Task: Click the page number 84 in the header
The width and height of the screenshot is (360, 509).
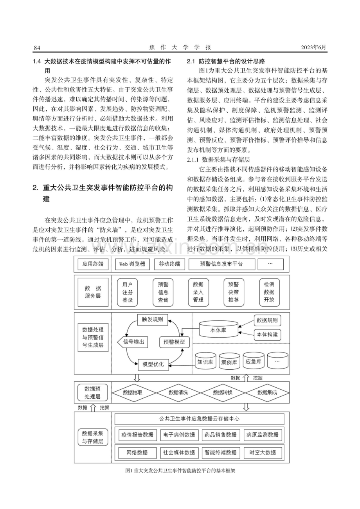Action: (x=37, y=48)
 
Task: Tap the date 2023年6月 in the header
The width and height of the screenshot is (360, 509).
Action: (x=314, y=47)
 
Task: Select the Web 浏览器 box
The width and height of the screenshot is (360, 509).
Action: (x=132, y=264)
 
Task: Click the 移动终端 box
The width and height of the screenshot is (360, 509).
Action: (x=169, y=264)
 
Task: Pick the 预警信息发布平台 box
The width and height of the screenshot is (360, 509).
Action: (x=221, y=264)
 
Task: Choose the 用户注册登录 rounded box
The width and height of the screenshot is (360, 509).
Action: (x=128, y=292)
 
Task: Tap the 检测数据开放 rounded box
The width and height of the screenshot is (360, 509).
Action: (x=269, y=292)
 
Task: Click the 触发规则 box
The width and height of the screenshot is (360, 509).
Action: (x=153, y=320)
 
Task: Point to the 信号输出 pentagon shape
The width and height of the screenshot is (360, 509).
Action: (x=133, y=342)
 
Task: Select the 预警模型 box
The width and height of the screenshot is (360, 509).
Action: (x=174, y=342)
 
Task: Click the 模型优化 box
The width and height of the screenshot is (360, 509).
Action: (x=153, y=364)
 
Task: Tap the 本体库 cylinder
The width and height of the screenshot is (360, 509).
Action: (x=218, y=329)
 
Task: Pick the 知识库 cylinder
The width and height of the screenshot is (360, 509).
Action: (x=205, y=361)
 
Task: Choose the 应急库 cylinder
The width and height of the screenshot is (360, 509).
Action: (x=254, y=361)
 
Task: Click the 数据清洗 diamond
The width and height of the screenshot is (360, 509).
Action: (x=178, y=392)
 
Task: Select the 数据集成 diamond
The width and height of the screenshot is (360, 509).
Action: (x=267, y=392)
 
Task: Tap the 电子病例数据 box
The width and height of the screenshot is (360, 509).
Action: (x=179, y=435)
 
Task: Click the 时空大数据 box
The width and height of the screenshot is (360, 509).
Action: (x=263, y=452)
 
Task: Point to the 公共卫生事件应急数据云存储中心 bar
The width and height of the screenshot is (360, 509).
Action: (x=199, y=419)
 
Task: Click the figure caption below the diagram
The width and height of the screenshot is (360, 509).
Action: (x=180, y=470)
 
